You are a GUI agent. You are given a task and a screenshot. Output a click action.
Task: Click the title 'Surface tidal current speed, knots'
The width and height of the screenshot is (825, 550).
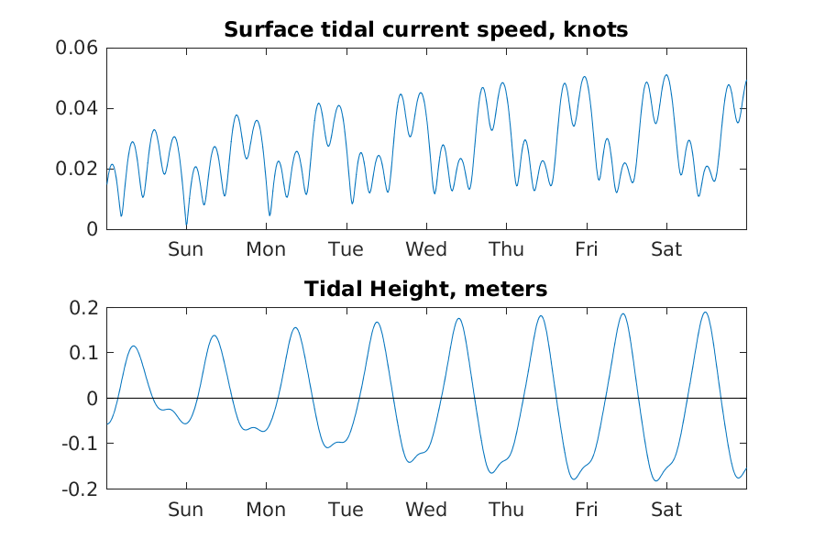click(426, 29)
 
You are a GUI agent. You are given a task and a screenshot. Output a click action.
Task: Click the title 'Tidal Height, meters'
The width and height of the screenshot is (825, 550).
click(426, 290)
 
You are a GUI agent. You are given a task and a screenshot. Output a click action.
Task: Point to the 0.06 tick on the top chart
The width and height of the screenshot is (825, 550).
click(78, 49)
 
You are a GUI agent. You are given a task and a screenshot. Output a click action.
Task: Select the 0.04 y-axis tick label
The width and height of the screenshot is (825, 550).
click(78, 109)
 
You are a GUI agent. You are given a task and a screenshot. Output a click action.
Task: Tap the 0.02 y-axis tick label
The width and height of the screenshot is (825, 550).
click(78, 169)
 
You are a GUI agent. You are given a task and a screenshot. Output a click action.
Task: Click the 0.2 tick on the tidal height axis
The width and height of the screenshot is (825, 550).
click(84, 308)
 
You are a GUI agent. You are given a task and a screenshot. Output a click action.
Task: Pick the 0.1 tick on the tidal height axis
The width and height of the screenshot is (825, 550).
click(84, 353)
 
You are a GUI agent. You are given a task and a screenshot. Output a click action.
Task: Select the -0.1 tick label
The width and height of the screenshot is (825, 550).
click(82, 444)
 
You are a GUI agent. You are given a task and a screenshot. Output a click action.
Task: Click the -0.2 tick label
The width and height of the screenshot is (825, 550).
click(82, 489)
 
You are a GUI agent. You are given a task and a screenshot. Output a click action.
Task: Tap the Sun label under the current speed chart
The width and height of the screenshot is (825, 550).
click(185, 249)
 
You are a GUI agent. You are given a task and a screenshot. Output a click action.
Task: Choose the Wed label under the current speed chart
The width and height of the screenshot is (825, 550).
click(426, 249)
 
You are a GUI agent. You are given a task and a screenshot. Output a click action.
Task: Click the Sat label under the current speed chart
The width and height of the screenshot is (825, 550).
click(666, 249)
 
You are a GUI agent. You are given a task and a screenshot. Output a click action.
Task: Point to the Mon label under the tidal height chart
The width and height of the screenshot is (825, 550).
click(266, 510)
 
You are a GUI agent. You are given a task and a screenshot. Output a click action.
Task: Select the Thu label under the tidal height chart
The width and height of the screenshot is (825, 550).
click(506, 510)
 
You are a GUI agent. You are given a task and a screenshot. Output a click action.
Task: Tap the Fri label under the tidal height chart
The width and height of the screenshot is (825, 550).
click(587, 510)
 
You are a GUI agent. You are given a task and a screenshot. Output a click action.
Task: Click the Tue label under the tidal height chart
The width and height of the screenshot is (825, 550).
click(346, 510)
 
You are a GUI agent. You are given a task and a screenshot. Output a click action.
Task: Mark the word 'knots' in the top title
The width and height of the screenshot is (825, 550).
click(597, 29)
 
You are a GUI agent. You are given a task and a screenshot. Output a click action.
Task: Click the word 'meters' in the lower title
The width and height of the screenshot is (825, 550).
click(506, 290)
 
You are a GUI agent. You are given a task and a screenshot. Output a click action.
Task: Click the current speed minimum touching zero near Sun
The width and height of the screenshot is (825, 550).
click(186, 226)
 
